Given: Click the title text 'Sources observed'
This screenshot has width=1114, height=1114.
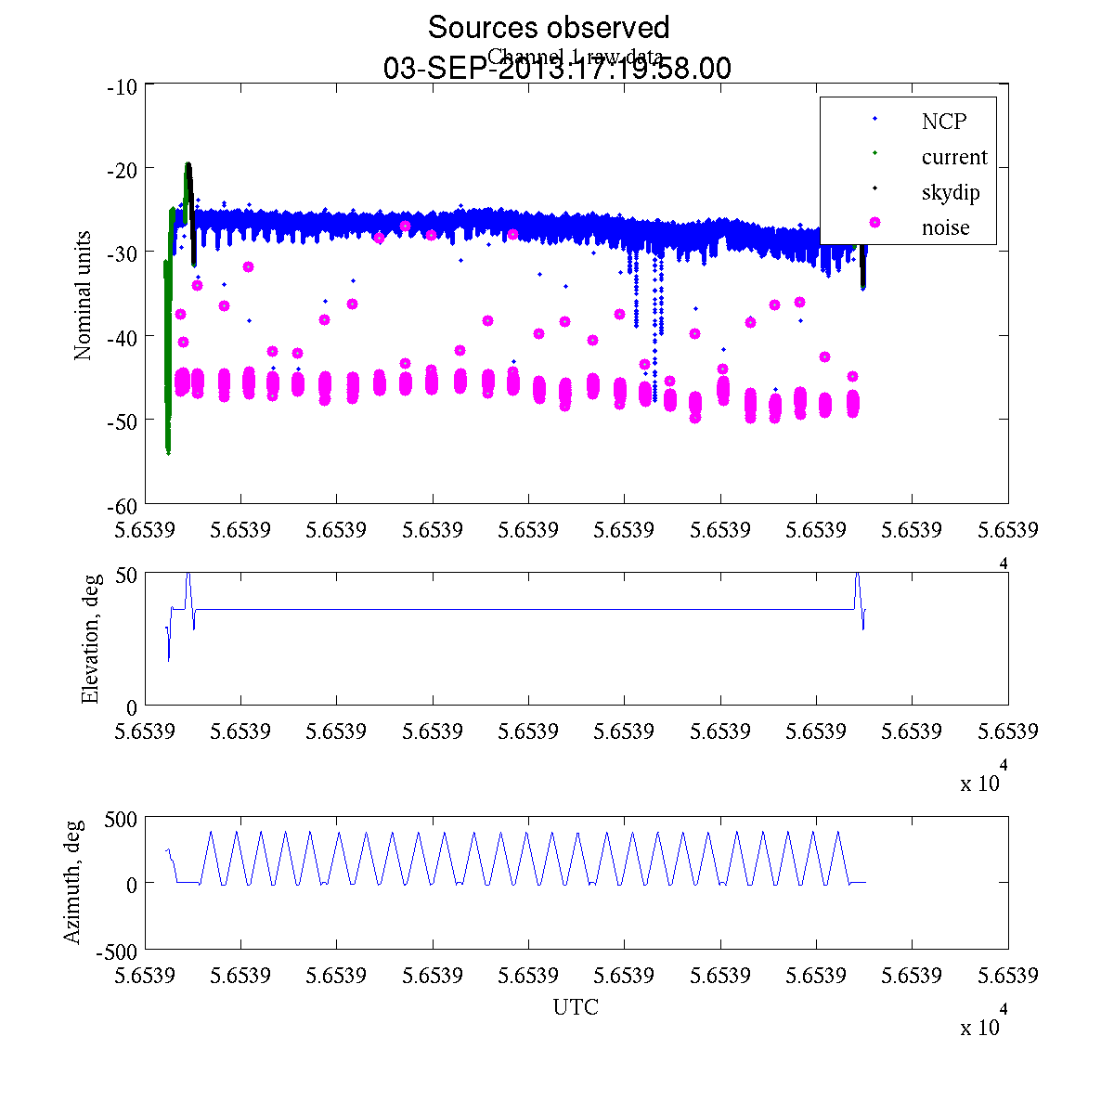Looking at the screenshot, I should pos(548,27).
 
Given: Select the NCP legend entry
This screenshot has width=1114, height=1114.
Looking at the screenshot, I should pos(943,122).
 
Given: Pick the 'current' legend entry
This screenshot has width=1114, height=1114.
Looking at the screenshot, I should pos(954,157).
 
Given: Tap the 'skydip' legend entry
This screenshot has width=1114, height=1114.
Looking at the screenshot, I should pos(951,193).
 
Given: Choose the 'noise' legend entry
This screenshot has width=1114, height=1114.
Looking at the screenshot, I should pos(945,227).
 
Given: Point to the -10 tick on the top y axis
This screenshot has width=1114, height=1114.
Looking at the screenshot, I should pos(123,87).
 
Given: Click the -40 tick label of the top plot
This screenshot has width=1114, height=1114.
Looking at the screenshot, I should pos(123,336).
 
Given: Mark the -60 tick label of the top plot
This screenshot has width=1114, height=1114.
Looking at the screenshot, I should pos(123,506).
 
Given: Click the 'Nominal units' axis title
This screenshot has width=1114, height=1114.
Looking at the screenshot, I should pos(84,295).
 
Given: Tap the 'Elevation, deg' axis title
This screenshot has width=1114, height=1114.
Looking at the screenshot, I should pos(90,640).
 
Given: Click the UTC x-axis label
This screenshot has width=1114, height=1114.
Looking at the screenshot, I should pos(576,1007).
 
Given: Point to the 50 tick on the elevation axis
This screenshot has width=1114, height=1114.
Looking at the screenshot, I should pos(126,575).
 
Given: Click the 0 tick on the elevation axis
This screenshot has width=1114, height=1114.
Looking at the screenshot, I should pos(131,707).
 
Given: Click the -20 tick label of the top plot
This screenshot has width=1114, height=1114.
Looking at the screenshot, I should pos(123,170).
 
